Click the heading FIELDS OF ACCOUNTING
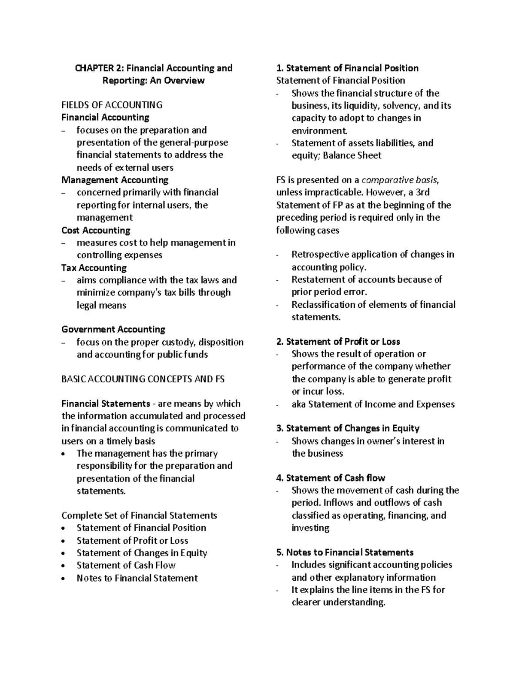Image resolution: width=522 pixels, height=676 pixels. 112,105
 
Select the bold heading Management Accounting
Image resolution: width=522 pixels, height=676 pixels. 115,180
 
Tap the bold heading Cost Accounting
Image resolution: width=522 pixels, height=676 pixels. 96,230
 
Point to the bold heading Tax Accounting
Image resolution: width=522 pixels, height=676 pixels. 94,268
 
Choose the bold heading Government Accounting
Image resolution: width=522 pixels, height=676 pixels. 113,330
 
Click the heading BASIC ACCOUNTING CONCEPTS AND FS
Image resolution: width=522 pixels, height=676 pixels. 143,379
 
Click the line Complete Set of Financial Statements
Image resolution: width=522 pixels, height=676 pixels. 139,515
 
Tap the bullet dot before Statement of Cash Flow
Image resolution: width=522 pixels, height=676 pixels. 64,566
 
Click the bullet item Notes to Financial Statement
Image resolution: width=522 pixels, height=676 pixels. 137,578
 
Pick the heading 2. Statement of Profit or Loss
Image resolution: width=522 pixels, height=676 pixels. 338,342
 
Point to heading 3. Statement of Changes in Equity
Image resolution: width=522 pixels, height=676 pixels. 348,428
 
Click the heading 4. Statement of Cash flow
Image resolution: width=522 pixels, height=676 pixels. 331,478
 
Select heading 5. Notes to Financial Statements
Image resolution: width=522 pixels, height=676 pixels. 345,552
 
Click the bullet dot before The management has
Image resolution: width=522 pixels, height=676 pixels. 64,454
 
